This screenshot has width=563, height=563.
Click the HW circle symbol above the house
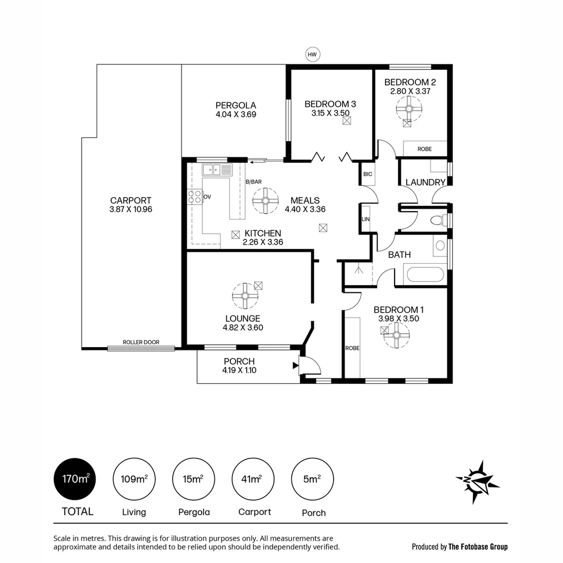[312, 54]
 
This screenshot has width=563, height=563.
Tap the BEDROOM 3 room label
[330, 104]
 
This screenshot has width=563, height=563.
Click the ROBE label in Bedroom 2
[424, 149]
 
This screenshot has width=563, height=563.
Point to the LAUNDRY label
[425, 182]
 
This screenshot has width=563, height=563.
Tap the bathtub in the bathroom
[424, 274]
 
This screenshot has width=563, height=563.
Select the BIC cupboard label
[368, 174]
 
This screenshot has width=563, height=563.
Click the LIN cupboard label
[365, 219]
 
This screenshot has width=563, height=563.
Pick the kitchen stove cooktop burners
[194, 197]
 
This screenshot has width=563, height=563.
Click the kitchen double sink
[217, 169]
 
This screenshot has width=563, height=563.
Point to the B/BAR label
[253, 182]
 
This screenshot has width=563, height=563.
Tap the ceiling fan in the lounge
[244, 296]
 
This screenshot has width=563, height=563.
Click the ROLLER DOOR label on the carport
[141, 342]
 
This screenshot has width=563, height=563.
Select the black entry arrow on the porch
[296, 365]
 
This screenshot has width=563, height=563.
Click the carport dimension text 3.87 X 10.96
[130, 210]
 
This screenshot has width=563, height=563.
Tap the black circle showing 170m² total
[75, 479]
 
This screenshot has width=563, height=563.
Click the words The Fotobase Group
[478, 547]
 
